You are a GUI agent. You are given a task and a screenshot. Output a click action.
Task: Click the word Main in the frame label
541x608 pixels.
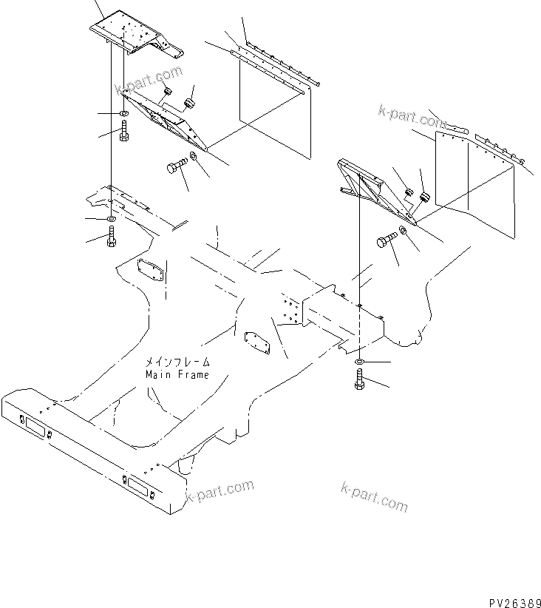point(157,374)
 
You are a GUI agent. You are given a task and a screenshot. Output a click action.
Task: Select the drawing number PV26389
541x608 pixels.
point(510,592)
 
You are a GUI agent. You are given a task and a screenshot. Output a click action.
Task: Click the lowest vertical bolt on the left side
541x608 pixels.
point(111,239)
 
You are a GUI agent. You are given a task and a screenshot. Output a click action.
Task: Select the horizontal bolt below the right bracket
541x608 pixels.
point(387,241)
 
